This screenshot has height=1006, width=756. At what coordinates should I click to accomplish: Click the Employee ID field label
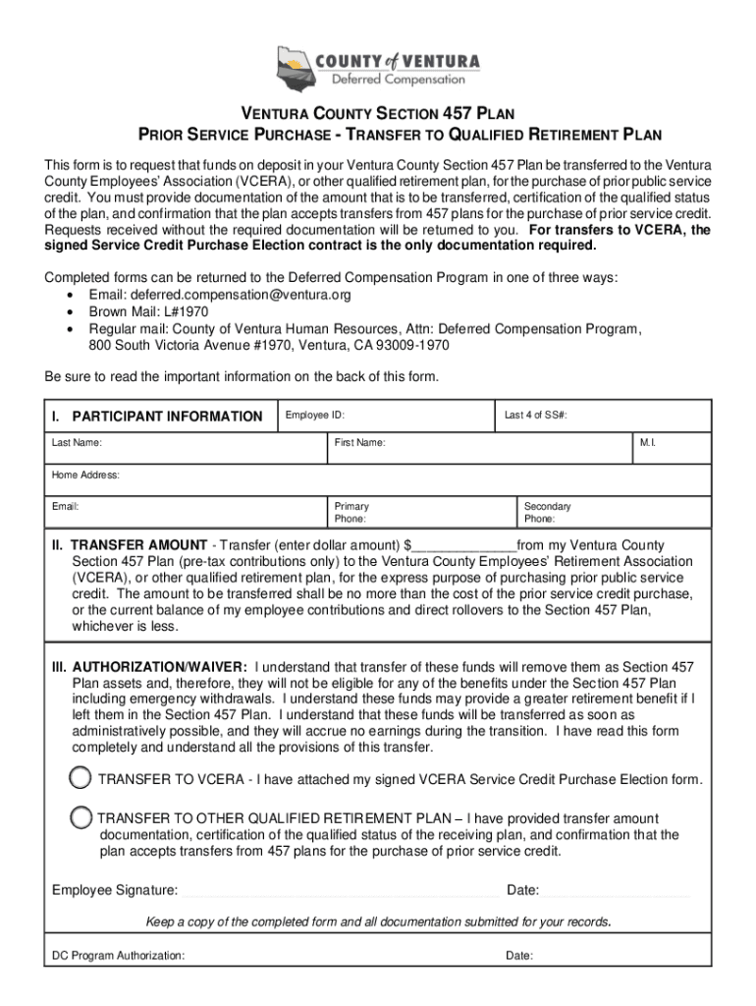coord(314,416)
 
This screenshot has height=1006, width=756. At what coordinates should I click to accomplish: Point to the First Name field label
coord(359,444)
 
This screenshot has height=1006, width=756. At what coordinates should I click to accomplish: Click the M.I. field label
coord(647,444)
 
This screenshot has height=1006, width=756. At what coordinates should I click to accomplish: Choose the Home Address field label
coord(85,475)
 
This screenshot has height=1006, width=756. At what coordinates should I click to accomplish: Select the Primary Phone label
coord(351,513)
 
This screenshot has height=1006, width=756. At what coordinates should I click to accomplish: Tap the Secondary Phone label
coord(547,513)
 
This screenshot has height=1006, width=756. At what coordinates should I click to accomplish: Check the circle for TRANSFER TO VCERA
coord(81,778)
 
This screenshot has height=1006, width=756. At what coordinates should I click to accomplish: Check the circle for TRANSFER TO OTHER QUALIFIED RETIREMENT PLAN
coord(81,817)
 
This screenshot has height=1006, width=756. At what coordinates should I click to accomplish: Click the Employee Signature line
coord(340,891)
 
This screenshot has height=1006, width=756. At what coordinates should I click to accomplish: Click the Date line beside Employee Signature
coord(616,891)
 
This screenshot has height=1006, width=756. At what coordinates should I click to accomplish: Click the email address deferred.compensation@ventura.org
coord(219,295)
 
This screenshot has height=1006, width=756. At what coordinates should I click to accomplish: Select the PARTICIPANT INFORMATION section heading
coord(167,417)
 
